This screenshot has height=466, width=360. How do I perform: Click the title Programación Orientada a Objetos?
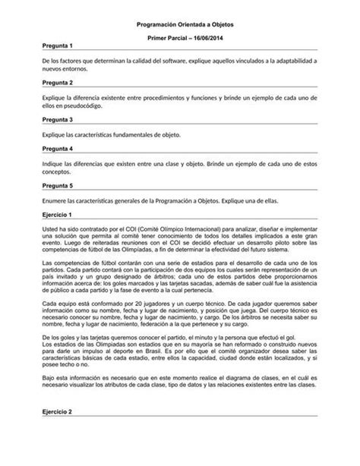click(179, 25)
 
